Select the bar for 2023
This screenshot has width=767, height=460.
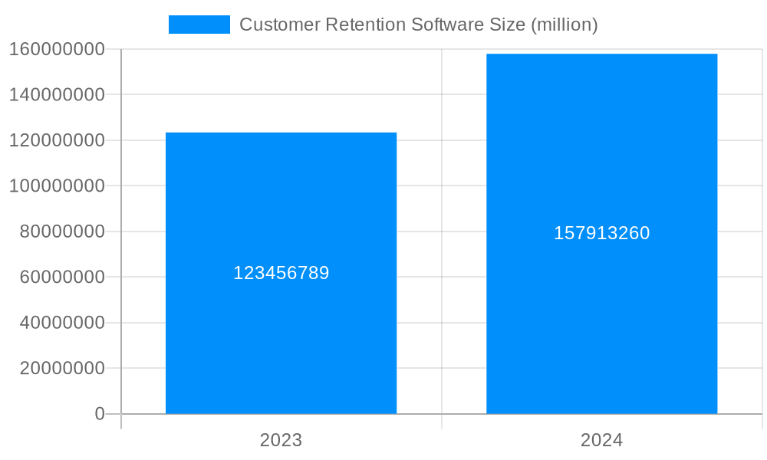281,192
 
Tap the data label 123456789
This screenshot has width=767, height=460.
281,273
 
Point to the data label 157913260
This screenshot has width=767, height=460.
601,233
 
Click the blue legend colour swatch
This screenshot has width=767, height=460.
199,25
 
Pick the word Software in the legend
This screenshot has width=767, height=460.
444,25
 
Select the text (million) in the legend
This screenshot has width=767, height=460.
564,25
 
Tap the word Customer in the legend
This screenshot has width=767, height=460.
279,25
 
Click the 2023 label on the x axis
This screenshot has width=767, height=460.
281,440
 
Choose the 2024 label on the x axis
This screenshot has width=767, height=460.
601,440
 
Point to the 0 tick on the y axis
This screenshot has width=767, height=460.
100,414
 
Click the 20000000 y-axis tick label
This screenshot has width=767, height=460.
62,368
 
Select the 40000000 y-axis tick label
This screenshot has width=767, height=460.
62,323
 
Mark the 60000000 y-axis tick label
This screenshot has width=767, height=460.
62,277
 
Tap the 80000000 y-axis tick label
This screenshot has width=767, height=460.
62,232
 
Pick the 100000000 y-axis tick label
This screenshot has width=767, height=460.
57,186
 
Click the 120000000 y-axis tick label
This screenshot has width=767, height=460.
57,140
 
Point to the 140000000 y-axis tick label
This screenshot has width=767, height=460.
57,95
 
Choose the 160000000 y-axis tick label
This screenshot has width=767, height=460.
57,49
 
